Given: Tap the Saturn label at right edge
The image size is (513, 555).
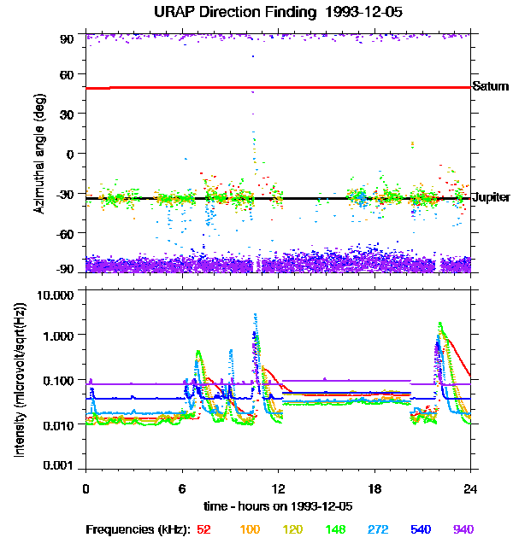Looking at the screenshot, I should click(490, 86).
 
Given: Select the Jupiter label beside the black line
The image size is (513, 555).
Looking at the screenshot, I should click(491, 197).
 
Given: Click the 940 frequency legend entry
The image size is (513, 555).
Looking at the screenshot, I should click(463, 529).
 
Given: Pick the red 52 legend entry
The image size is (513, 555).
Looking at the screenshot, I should click(203, 529).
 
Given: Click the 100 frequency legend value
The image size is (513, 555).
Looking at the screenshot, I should click(249, 529).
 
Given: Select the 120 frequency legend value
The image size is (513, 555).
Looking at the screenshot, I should click(292, 529).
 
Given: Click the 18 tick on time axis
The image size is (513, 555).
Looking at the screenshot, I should click(374, 488).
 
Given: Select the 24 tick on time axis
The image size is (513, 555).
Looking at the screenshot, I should click(470, 488).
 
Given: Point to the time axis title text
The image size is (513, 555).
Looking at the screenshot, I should click(279, 507).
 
